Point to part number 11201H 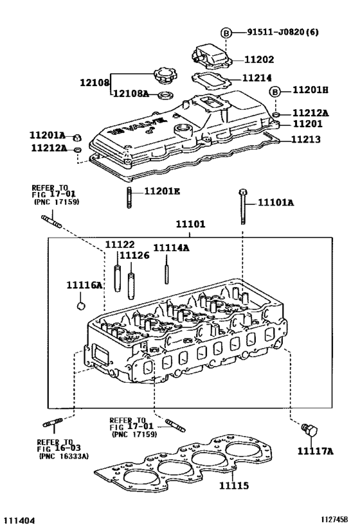point(310,91)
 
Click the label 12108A point(131,94)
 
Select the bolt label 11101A point(276,202)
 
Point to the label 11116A point(84,285)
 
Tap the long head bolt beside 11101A point(242,206)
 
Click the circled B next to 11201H point(274,91)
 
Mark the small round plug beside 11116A point(81,305)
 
